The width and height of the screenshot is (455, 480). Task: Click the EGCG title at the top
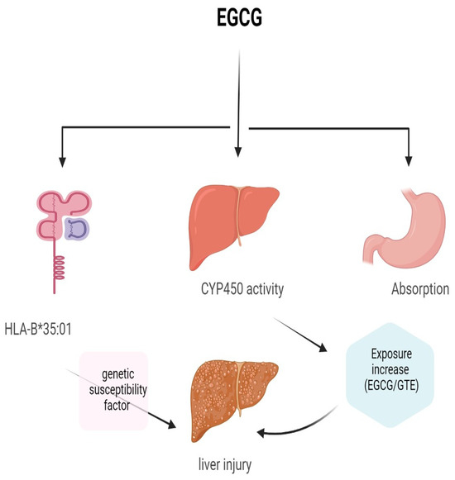(x=238, y=17)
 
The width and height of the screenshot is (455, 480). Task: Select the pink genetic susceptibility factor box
(x=113, y=389)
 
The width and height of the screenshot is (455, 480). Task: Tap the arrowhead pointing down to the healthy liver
(x=238, y=150)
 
